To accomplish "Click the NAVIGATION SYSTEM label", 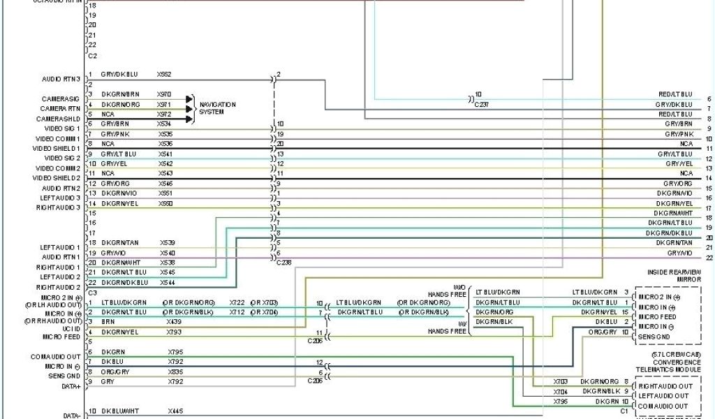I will coord(217,108).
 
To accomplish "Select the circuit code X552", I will coord(164,73).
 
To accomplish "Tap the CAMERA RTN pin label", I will coord(60,108).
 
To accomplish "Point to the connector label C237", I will coord(482,104).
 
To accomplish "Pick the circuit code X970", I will coord(164,94).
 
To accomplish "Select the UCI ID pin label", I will coord(72,328).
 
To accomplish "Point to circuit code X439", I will coord(174,322).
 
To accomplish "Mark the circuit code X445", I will coord(175,411).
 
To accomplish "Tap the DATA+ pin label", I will coord(71,385).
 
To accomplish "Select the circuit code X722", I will coord(237,302).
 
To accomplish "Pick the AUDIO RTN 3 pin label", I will coord(61,78).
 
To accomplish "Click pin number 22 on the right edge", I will coord(709,258).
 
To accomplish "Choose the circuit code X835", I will coord(175,372).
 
